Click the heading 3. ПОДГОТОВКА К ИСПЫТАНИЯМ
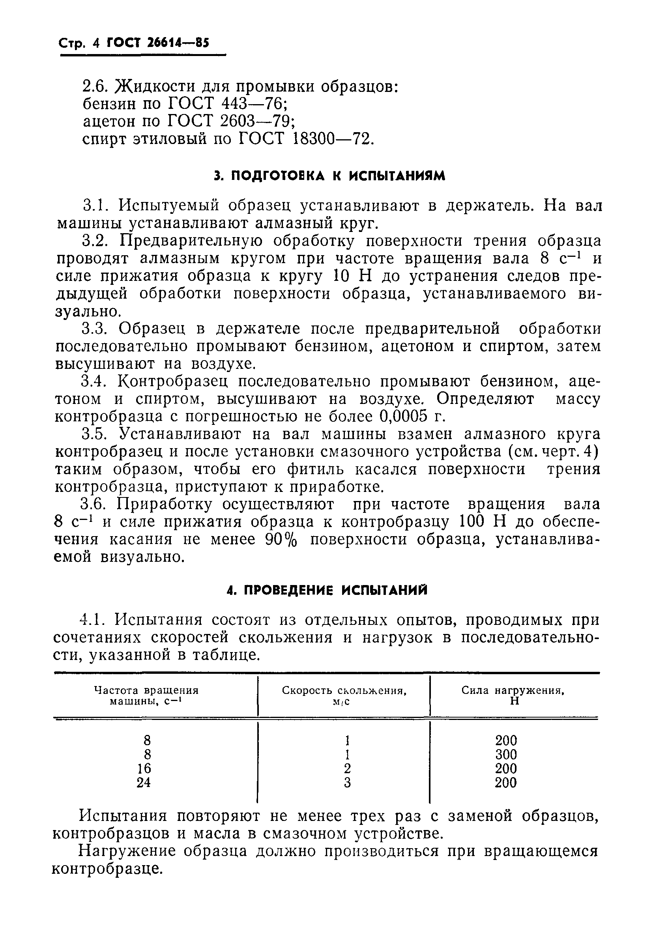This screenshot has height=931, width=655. (x=330, y=176)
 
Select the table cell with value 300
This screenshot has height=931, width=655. (x=506, y=755)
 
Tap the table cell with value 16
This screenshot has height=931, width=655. (x=144, y=768)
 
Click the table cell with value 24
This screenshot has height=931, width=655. (x=144, y=782)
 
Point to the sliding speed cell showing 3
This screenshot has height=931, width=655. (x=347, y=783)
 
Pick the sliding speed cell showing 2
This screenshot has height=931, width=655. (x=347, y=768)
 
